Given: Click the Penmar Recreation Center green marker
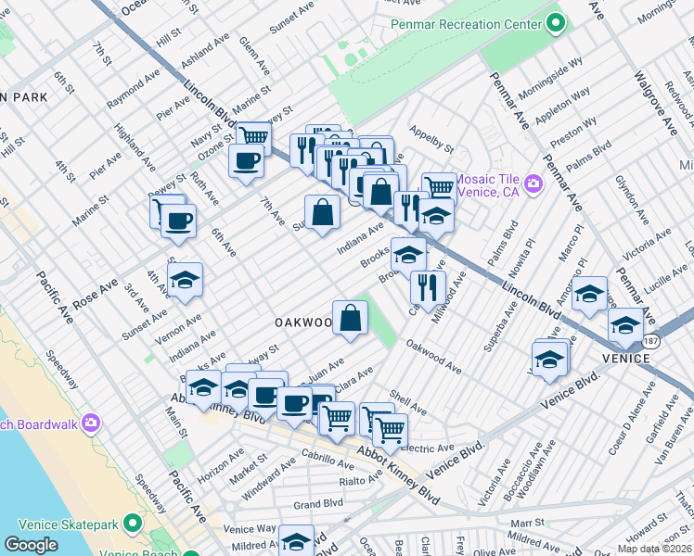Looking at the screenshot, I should point(557,22).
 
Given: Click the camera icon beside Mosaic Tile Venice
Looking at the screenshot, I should point(533,183).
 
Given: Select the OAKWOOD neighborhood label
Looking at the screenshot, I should point(302,322).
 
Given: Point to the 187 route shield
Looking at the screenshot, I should point(653,341).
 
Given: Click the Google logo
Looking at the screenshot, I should point(31,545).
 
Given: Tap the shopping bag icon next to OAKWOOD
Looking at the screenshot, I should point(352,320).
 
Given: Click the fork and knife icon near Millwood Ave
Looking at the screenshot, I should point(427,287).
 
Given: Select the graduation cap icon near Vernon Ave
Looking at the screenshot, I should point(186,283).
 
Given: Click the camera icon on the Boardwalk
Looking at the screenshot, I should point(91,423).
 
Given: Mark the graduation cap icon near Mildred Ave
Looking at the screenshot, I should point(297,541).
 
